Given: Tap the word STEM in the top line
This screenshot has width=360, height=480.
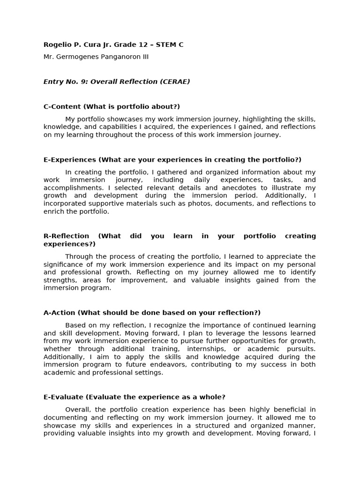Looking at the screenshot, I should tap(165, 45).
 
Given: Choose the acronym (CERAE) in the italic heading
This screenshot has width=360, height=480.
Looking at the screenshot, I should tap(175, 82).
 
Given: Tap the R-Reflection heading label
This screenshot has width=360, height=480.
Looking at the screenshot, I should tap(66, 236).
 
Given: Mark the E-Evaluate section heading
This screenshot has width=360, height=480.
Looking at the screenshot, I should tap(64, 397).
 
